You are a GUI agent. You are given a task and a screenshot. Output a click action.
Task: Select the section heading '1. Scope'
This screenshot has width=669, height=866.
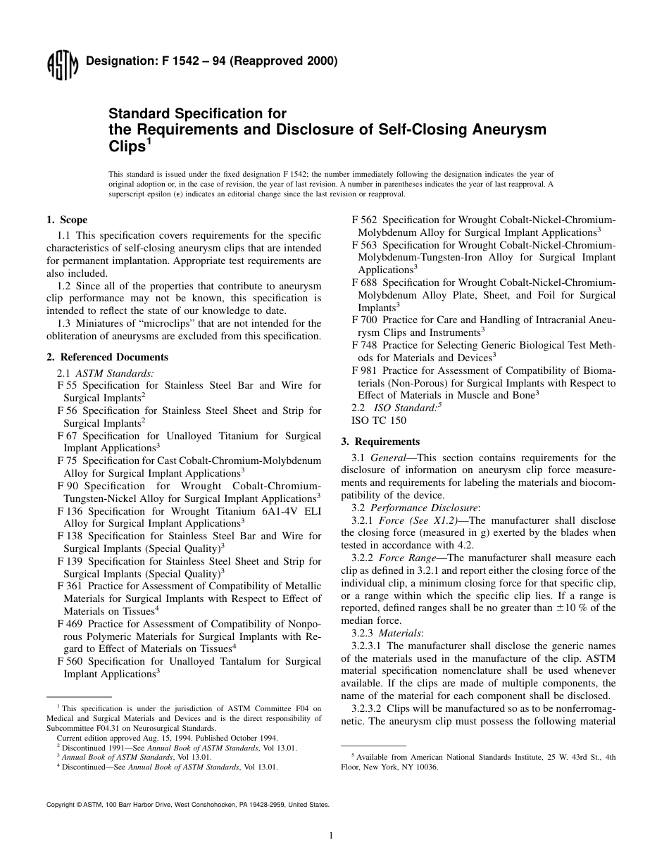67,220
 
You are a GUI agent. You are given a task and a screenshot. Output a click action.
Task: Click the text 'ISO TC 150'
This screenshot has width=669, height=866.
378,421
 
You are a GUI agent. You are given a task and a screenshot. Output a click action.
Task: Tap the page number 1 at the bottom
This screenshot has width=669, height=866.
330,836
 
